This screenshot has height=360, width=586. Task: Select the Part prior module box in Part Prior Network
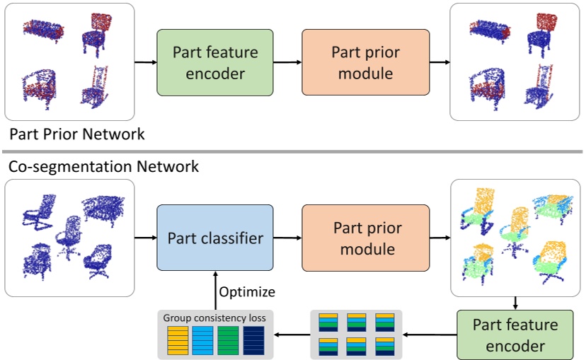[365, 62]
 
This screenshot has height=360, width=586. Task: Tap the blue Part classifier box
[214, 238]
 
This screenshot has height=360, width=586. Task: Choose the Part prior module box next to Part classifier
[365, 238]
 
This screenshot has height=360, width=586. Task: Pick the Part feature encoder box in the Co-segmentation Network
[515, 335]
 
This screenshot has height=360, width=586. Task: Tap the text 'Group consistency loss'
[214, 318]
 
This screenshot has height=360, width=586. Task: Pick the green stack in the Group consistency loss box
[228, 339]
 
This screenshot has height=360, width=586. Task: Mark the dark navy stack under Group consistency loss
[253, 339]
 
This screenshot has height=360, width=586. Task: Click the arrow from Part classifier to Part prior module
[287, 238]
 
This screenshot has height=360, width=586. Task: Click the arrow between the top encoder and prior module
[287, 62]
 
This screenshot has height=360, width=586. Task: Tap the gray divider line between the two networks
[293, 151]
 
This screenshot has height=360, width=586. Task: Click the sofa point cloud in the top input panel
[43, 31]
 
